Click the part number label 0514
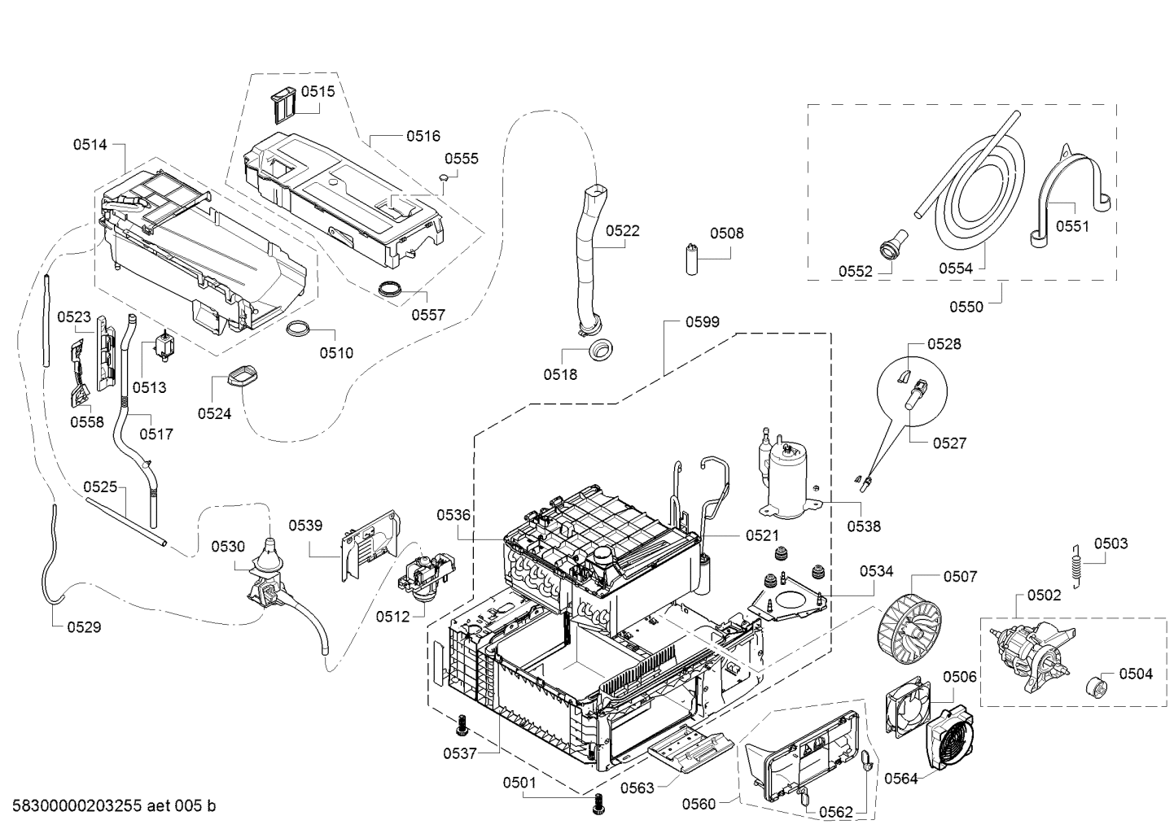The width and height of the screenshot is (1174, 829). [x=90, y=146]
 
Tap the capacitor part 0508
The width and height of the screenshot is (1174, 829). [x=693, y=259]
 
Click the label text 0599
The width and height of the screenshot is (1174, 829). [x=702, y=322]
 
